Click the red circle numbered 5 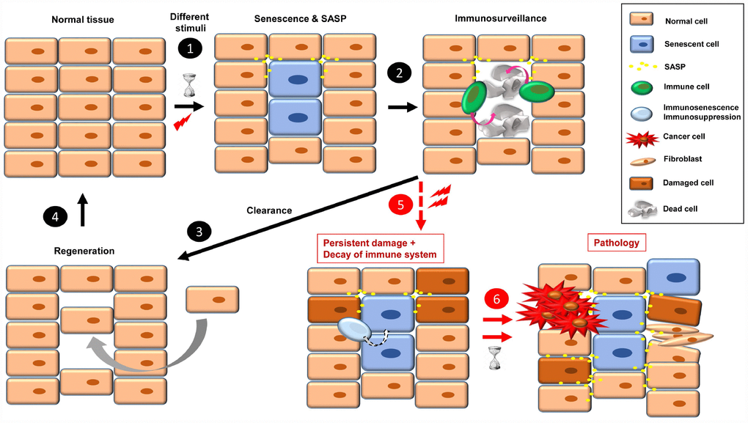400,205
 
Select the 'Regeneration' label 84,251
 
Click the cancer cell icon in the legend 642,138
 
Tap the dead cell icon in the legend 642,208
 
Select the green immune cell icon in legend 642,87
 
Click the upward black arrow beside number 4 83,210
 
